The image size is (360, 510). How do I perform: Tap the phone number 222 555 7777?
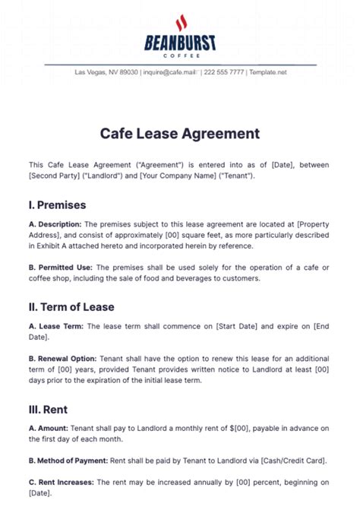click(225, 72)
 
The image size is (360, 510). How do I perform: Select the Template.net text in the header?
click(268, 72)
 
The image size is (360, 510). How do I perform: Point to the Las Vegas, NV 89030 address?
click(106, 72)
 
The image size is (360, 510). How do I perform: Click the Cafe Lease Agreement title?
click(180, 134)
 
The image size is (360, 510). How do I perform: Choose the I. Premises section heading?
click(58, 204)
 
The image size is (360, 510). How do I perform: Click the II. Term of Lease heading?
click(71, 306)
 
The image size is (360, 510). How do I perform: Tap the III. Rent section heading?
click(49, 409)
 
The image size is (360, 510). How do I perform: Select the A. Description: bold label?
click(55, 224)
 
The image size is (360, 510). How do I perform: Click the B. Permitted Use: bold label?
click(61, 268)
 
